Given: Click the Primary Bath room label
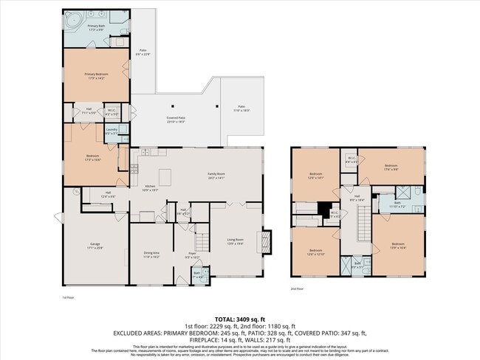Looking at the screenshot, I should click(x=96, y=27).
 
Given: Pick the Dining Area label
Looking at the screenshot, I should click(x=151, y=255).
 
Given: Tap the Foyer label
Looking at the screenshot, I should click(x=191, y=255).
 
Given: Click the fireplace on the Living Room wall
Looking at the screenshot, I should click(x=264, y=242).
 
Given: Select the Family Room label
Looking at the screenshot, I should click(x=216, y=176).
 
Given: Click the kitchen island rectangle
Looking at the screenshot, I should click(x=166, y=177).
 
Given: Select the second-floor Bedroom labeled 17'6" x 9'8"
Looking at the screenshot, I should click(x=391, y=167).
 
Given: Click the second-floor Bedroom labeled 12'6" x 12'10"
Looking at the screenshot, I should click(x=316, y=252).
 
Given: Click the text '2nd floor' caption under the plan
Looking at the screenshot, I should click(x=296, y=288).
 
